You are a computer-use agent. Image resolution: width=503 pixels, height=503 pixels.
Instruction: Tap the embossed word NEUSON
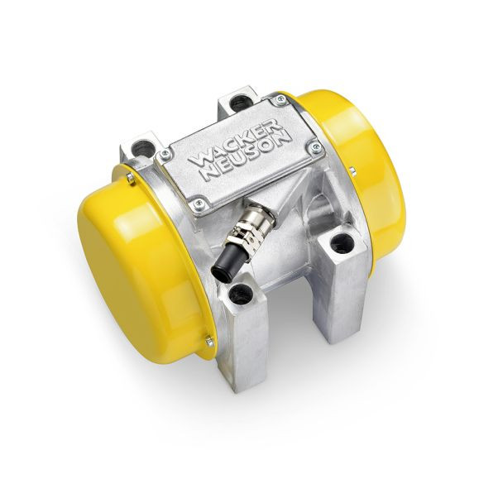249,155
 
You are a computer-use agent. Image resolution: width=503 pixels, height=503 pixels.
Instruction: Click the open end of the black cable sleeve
223,274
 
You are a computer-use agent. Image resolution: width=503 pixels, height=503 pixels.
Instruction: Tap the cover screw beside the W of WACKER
165,154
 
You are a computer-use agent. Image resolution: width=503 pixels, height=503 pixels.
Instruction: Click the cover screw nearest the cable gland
199,203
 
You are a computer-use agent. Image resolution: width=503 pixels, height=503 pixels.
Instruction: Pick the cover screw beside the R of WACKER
279,100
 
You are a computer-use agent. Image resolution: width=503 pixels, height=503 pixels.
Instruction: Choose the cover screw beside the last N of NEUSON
314,147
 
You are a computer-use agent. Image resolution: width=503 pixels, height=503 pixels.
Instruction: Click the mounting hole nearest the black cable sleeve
237,293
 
